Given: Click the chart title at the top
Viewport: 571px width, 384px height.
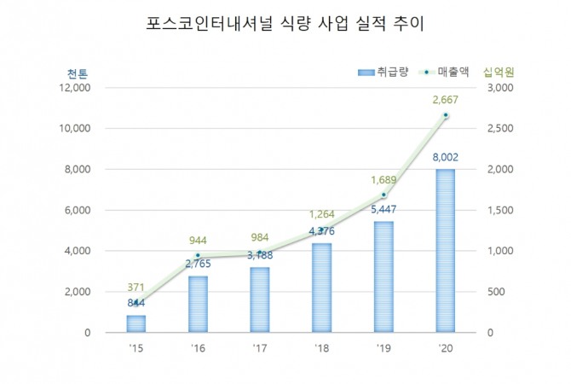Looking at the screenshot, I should [x=285, y=24].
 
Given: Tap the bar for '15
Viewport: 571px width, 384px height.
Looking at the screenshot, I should [x=137, y=323].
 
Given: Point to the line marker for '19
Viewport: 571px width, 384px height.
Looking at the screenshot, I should [x=383, y=195].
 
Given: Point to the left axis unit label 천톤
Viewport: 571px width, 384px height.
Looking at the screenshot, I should [x=76, y=73].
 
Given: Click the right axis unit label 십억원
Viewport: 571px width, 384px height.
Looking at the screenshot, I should [x=498, y=73].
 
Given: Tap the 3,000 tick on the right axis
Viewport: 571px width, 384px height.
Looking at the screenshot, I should [x=498, y=88].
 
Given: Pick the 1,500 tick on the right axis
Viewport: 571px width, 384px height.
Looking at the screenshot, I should [x=498, y=210].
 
